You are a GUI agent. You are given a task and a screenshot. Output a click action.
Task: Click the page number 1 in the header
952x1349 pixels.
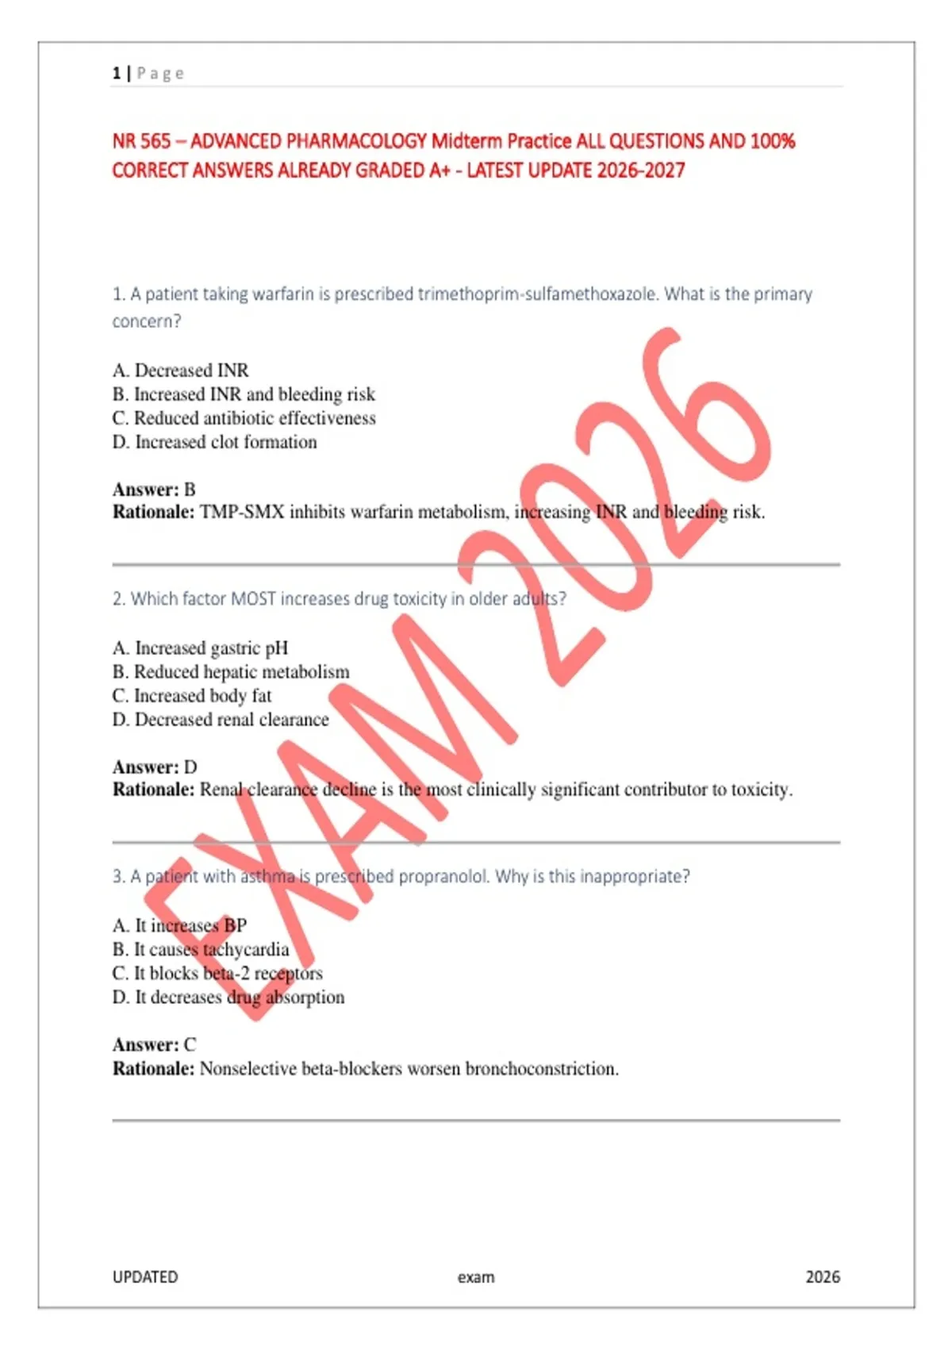117,74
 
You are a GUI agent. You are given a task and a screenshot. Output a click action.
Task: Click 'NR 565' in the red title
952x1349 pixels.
141,141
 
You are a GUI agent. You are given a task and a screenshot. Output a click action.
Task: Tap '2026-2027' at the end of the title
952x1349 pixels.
641,171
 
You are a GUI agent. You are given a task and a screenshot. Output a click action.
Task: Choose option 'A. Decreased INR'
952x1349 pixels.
180,371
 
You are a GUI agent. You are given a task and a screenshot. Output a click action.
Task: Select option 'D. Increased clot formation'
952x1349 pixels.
214,442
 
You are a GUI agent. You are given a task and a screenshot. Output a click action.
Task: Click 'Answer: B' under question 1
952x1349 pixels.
154,490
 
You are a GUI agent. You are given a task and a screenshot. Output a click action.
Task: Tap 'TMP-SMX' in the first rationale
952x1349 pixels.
241,513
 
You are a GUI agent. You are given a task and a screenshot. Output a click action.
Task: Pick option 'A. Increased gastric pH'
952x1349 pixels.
200,648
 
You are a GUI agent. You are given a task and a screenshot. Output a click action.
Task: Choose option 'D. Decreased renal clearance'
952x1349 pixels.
221,720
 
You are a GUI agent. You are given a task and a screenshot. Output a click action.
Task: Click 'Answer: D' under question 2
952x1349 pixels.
155,767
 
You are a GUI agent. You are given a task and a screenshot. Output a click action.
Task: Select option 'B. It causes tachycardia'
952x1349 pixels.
201,950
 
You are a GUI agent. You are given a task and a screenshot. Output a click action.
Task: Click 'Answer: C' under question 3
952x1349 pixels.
154,1045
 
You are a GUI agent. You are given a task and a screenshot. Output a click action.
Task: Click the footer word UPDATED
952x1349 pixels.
145,1277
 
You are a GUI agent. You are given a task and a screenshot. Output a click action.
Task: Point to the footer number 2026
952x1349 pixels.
823,1277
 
